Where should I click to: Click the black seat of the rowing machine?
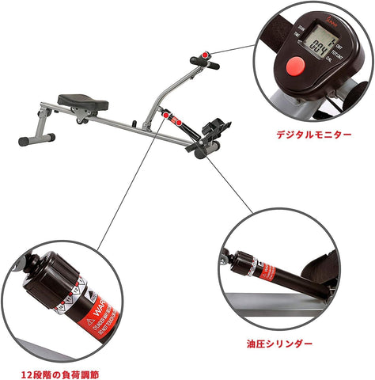82,101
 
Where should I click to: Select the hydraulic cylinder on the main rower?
179,120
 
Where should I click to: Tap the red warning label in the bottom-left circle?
93,313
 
